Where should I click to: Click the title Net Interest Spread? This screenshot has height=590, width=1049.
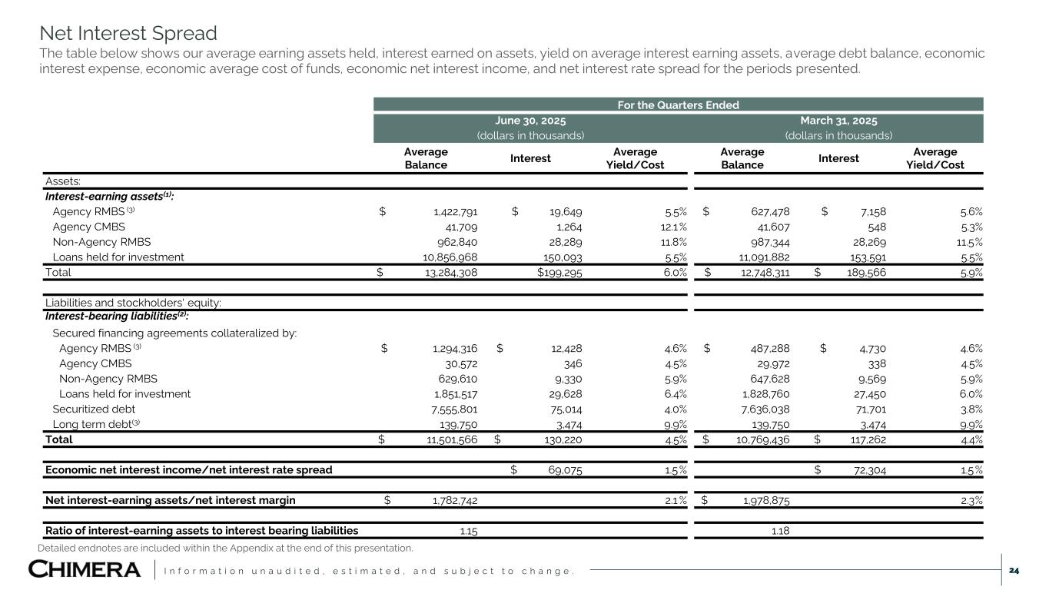(128, 34)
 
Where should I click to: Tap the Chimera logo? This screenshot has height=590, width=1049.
(85, 570)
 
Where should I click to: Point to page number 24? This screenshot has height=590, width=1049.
(1014, 570)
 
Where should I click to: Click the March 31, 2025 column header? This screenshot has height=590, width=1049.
(838, 121)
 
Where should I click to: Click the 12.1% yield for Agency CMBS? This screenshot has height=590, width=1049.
(671, 227)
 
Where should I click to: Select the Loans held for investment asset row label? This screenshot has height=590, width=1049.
(118, 257)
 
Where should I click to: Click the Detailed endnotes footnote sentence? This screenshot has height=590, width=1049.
(225, 548)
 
